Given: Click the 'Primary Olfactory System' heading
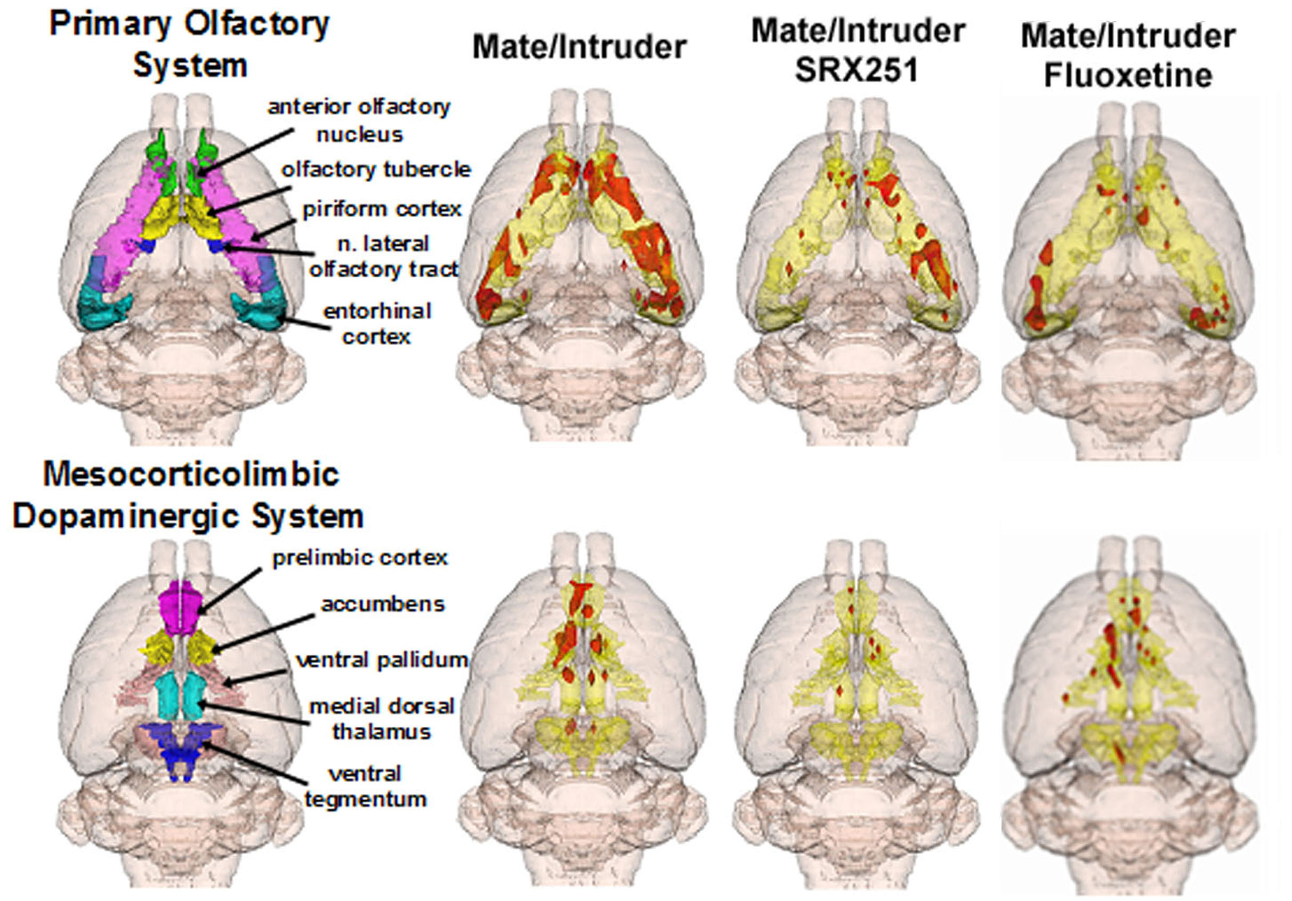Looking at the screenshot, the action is [x=189, y=45].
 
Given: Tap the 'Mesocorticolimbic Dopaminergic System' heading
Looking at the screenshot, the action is [x=188, y=495].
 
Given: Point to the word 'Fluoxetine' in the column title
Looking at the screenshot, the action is [x=1128, y=75].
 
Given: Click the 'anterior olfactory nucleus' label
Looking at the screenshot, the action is [x=359, y=120].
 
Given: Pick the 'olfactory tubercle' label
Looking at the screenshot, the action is [x=376, y=169].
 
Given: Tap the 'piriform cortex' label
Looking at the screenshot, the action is [x=382, y=209].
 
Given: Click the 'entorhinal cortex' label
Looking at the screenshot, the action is [x=377, y=324].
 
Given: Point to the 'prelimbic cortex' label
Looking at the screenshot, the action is [x=360, y=558].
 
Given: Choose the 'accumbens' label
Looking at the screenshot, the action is [x=383, y=604].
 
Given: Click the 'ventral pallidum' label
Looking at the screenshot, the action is [x=382, y=659].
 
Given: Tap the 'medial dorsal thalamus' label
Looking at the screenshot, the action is [x=382, y=719].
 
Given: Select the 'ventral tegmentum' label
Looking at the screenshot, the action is [x=366, y=786].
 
